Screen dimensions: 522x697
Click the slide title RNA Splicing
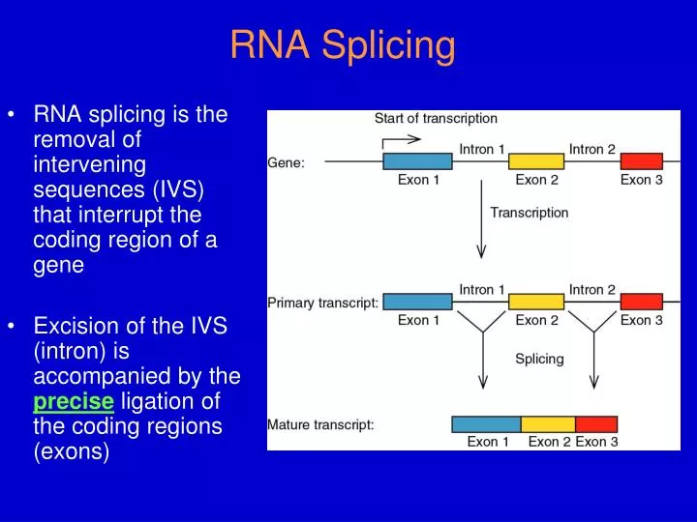pos(343,45)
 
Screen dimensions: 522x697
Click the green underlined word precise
pos(74,401)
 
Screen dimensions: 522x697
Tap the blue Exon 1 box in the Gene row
pos(417,161)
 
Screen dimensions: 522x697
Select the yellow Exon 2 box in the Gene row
pos(536,161)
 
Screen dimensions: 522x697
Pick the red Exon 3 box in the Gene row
pos(641,161)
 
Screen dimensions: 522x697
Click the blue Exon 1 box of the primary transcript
pos(417,302)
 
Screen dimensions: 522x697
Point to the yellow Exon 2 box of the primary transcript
pos(536,302)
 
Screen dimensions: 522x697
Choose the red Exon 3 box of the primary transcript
pos(641,302)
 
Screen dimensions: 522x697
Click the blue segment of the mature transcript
pos(486,423)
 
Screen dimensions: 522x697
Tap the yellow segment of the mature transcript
pos(548,423)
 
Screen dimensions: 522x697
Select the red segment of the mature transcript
pos(596,423)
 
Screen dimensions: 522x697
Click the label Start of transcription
pos(436,119)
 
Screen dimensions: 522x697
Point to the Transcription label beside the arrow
pos(530,213)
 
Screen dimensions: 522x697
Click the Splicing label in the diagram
pos(539,359)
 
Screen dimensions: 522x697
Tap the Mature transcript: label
pos(320,423)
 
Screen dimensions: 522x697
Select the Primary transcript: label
pos(322,303)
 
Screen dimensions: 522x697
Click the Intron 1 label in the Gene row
pos(482,149)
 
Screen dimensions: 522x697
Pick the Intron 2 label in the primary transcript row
pos(591,289)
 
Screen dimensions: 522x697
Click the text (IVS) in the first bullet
pos(183,187)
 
